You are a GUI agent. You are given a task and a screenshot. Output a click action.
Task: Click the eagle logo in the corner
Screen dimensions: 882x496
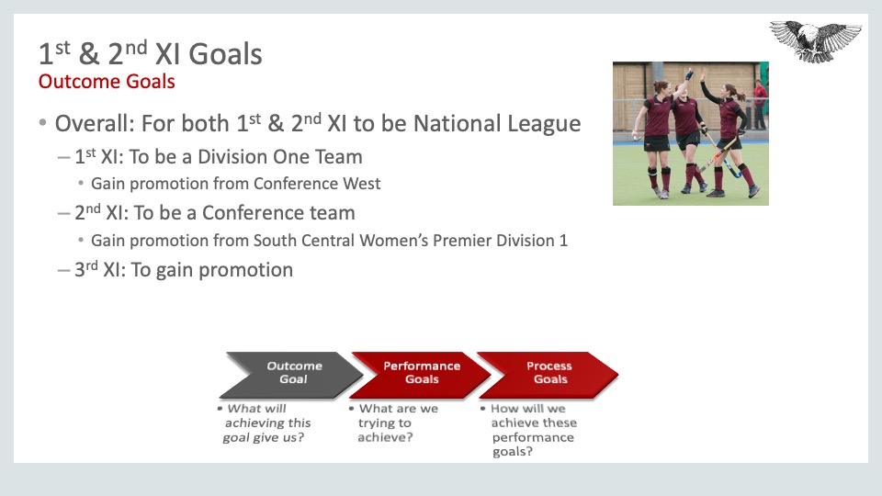click(815, 40)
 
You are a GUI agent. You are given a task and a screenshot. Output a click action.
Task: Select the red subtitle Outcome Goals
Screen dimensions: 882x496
click(107, 82)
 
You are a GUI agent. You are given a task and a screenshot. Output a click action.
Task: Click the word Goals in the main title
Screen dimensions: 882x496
click(225, 54)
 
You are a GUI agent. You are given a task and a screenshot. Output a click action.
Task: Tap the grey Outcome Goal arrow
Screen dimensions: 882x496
click(291, 375)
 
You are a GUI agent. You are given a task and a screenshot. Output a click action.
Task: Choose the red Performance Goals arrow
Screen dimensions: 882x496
click(421, 375)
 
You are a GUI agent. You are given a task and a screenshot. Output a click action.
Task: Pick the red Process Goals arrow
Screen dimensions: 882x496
click(548, 375)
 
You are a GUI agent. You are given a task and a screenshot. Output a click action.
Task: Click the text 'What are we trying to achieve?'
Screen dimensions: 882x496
click(394, 423)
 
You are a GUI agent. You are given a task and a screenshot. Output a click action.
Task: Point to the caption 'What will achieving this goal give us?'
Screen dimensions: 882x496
click(265, 423)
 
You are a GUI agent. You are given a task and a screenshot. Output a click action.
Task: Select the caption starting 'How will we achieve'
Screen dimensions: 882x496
click(529, 430)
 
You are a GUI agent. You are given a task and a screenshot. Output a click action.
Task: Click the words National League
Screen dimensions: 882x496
click(497, 124)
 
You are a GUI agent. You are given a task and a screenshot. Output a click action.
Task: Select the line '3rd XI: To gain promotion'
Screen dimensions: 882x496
click(184, 270)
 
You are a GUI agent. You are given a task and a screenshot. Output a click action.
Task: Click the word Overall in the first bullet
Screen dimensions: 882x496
click(94, 124)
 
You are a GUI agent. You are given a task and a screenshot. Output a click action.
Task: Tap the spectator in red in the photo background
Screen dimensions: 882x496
click(760, 105)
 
